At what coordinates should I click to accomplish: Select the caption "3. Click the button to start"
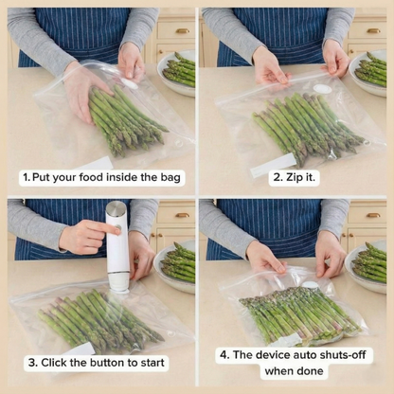[97, 362]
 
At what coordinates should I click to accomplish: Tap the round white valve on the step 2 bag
[323, 89]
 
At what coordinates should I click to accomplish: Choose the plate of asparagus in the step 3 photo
[177, 264]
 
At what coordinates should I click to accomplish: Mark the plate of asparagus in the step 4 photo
[371, 265]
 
